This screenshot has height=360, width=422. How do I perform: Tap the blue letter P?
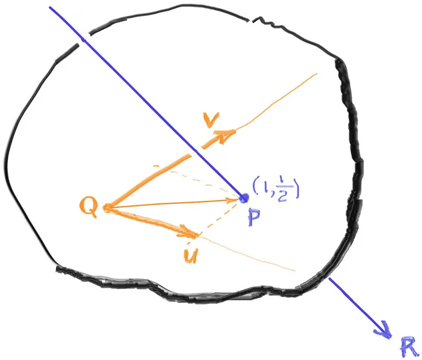[x=254, y=217]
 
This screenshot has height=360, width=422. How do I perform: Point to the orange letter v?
[x=212, y=119]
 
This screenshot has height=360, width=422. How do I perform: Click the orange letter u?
[x=191, y=255]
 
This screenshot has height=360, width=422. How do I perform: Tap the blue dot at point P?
[x=244, y=198]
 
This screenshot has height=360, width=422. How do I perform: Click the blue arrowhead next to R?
[x=383, y=330]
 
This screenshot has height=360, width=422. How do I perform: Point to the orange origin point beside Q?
[x=107, y=208]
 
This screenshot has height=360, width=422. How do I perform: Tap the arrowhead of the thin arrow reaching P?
[x=234, y=200]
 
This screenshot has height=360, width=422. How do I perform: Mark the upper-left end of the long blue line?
[x=50, y=7]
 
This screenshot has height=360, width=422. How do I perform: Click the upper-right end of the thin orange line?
[x=316, y=73]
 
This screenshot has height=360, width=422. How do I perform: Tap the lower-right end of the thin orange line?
[x=295, y=271]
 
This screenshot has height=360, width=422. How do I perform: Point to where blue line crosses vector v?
[x=196, y=151]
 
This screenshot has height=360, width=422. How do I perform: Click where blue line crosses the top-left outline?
[x=84, y=40]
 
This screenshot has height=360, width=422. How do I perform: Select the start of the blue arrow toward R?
[x=329, y=279]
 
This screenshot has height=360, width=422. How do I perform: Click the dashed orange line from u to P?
[x=218, y=219]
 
